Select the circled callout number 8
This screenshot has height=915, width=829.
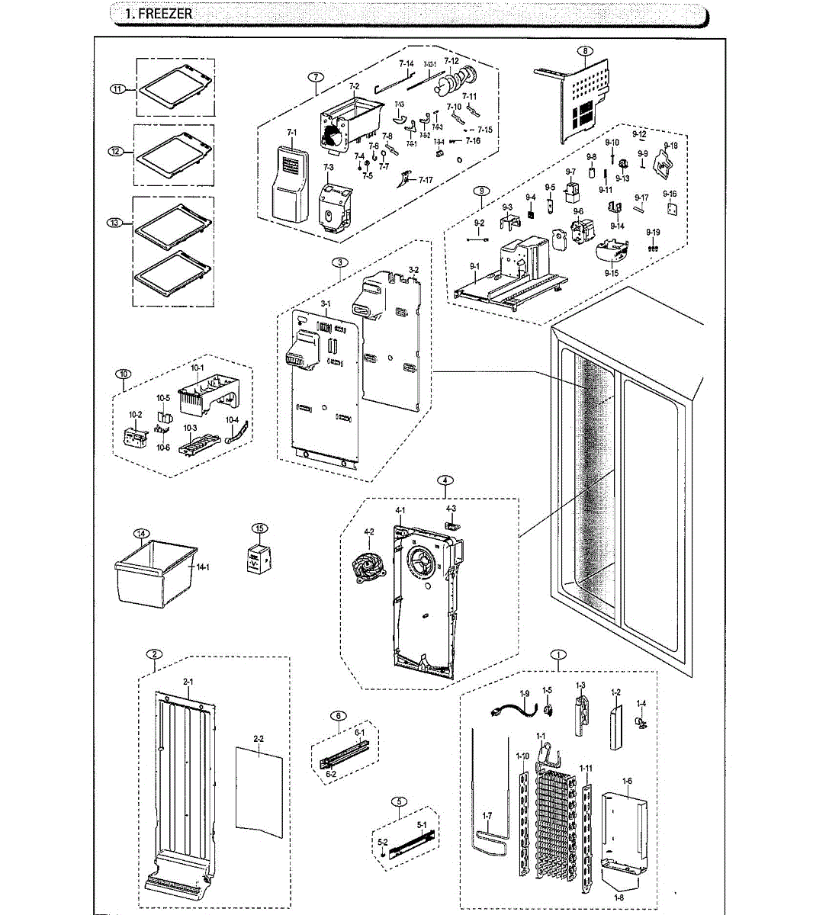(584, 51)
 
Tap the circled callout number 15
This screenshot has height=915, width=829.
(260, 528)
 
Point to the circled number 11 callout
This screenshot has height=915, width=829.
(117, 89)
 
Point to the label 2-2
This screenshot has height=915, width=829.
(259, 738)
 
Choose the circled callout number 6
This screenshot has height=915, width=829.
(339, 715)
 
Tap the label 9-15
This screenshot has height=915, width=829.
(612, 272)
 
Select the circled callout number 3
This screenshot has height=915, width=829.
(340, 262)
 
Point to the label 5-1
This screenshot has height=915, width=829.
(422, 824)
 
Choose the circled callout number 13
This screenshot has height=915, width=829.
(114, 223)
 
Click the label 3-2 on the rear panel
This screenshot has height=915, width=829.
(413, 270)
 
